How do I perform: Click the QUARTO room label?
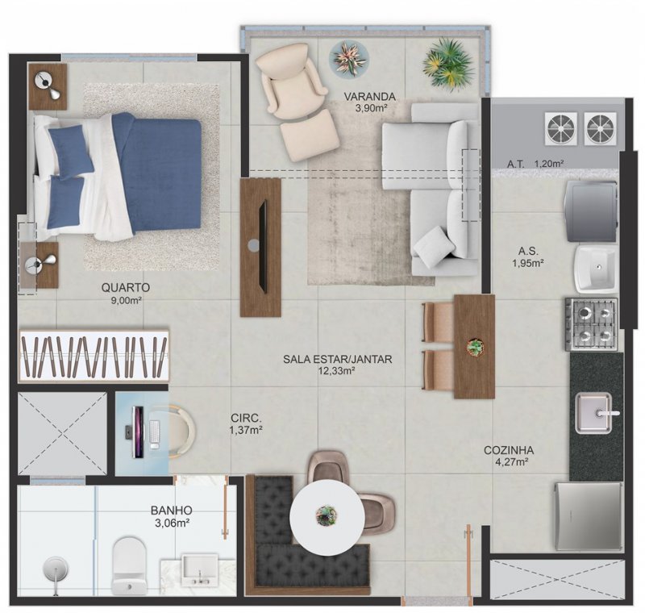coord(127,287)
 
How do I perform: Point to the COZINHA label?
coord(508,450)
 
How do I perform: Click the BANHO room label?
coord(170,510)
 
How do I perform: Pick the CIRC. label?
coord(246,419)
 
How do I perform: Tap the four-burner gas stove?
coord(593,323)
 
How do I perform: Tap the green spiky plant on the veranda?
coord(448,64)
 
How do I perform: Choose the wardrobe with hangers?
coord(94,355)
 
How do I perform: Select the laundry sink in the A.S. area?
coord(594,266)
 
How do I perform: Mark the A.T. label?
coord(516,164)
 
